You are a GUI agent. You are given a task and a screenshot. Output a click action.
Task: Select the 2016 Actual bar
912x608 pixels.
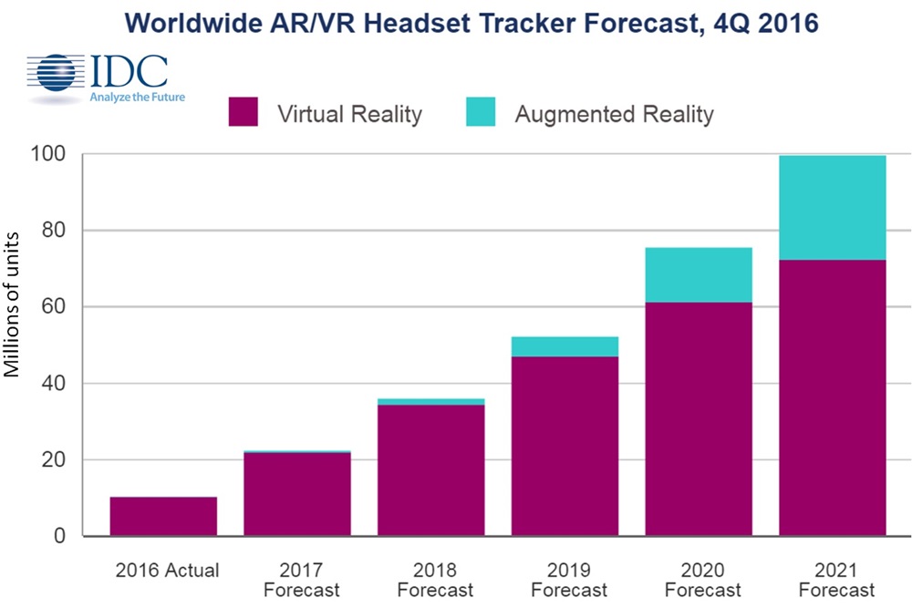(163, 517)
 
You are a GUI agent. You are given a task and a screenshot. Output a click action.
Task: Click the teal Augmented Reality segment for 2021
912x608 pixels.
(832, 208)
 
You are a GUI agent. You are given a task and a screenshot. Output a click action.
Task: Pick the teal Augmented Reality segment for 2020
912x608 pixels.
(698, 274)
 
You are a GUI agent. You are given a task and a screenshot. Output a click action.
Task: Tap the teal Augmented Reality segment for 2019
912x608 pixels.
(565, 346)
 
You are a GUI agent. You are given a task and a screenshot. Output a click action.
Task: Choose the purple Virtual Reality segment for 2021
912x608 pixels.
(832, 398)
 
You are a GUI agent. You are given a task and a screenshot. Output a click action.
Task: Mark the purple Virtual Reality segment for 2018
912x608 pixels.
(430, 470)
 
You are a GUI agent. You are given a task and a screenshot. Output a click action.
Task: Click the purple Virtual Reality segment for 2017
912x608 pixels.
(296, 494)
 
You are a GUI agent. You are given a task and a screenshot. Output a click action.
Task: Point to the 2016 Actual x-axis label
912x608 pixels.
(167, 572)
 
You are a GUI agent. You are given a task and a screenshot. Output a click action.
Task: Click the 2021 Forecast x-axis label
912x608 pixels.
(835, 580)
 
